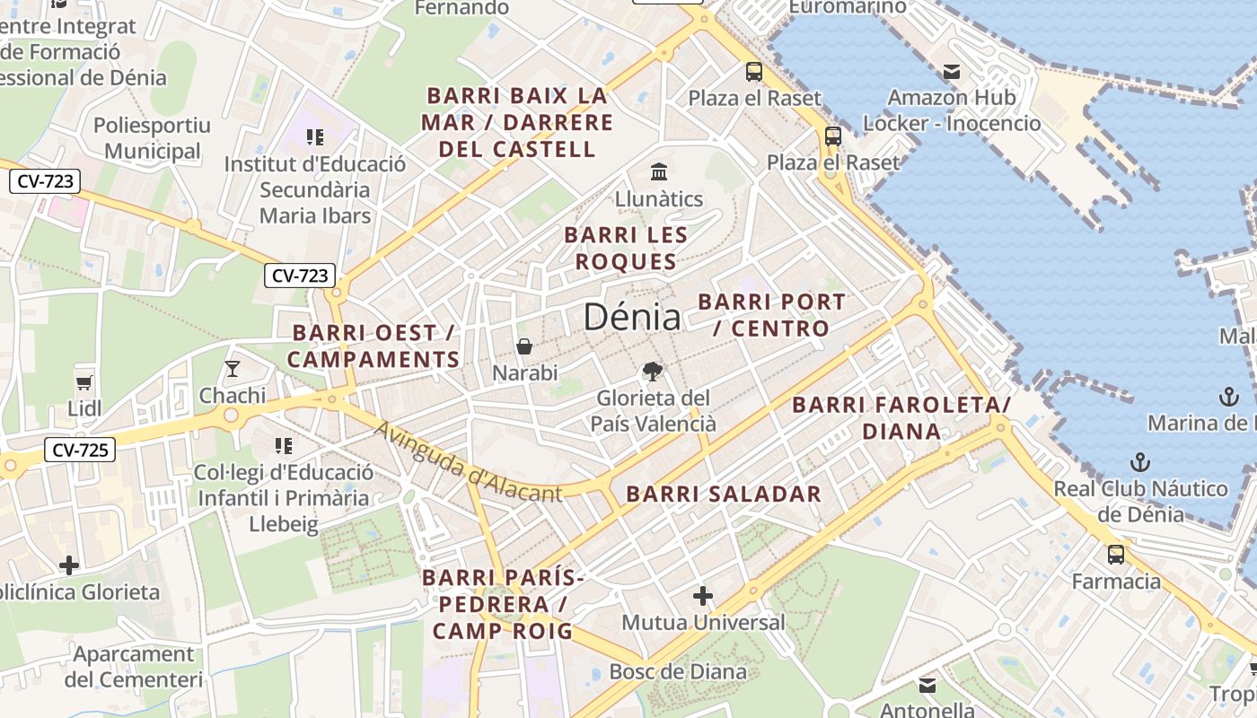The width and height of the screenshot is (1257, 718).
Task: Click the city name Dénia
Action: point(631,317)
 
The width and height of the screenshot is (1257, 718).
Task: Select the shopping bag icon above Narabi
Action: point(524,346)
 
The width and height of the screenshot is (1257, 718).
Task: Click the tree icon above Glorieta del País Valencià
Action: point(652,372)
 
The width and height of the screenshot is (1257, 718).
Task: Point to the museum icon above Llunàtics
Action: point(659,171)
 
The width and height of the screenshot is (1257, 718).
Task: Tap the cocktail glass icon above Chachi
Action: point(233,369)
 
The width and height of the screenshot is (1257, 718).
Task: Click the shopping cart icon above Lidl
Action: point(84,382)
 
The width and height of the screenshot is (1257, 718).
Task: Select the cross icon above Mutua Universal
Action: point(703,595)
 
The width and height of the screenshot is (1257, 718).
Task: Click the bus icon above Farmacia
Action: point(1115,555)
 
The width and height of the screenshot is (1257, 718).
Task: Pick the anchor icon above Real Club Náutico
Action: point(1139,462)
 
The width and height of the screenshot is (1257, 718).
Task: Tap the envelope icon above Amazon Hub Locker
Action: point(951,71)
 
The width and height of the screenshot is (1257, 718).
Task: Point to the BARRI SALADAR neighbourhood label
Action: point(723,494)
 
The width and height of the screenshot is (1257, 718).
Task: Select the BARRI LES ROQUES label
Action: point(626,249)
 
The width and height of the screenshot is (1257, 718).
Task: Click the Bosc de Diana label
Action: point(678,671)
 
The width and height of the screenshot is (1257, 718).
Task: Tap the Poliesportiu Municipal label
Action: point(152,138)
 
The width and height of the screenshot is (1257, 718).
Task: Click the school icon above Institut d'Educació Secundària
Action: point(314,137)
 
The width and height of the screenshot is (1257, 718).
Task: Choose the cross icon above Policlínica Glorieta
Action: point(69,565)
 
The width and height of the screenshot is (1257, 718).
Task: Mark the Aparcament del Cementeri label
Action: point(134,667)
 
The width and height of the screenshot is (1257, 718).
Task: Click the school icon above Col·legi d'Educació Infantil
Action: point(284,446)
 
